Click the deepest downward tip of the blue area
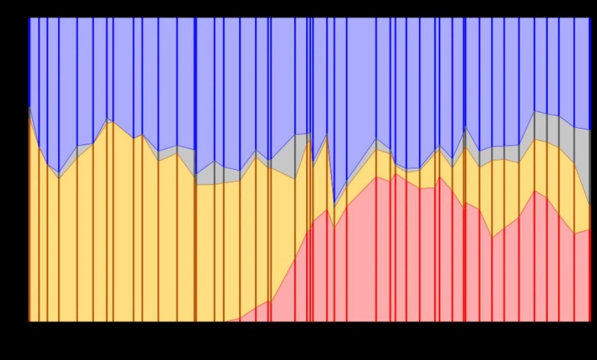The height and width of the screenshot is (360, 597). coord(335,202)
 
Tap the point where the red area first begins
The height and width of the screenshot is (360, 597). coord(225,321)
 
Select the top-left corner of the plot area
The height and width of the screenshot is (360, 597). coord(29,17)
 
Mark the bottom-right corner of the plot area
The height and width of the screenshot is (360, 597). coord(590,321)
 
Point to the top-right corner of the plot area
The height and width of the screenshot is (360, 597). coord(590,17)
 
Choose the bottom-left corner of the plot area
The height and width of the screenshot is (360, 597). coord(29,321)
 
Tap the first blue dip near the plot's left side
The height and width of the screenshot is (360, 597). coord(59,173)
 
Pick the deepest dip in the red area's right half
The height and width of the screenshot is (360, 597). coord(492,237)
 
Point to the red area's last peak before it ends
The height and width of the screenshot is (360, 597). coord(535,191)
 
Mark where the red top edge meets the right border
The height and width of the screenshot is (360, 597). coord(590,229)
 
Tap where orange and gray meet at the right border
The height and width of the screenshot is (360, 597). coord(590,206)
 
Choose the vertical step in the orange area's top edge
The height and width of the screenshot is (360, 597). coord(196,180)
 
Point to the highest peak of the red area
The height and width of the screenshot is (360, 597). coord(396,174)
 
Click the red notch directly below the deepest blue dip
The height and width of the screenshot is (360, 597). coord(335,226)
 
